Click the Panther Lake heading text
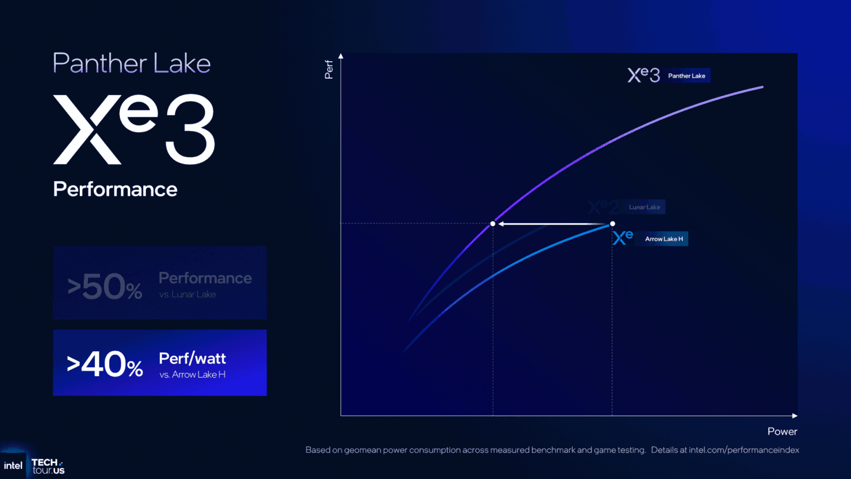tap(131, 63)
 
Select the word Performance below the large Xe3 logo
tap(115, 189)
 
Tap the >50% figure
tap(105, 287)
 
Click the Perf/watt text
tap(192, 359)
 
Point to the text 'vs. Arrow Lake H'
tap(192, 375)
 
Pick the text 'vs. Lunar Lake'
tap(187, 294)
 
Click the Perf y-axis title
tap(329, 69)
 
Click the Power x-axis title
tap(782, 432)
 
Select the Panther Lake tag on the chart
tap(687, 76)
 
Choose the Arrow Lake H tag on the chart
tap(664, 239)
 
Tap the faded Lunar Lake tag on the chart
tap(644, 207)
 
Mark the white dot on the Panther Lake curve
tap(493, 224)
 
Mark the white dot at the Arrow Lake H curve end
tap(612, 224)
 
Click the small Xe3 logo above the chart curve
tap(644, 75)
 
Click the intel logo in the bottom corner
tap(13, 466)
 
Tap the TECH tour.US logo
tap(48, 466)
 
